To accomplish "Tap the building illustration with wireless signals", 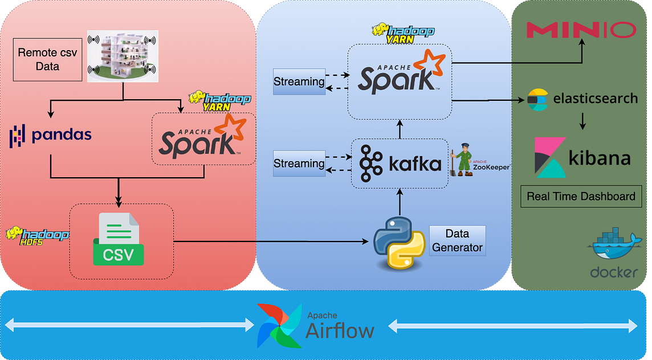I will coord(123,56).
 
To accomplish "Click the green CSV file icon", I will coord(119,239).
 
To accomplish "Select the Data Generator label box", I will coord(457,240).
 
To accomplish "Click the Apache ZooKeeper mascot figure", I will coord(462,162).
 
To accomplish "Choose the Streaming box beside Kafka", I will coord(299,163).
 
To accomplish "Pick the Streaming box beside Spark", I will coord(299,81).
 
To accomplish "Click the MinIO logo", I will coord(581,30).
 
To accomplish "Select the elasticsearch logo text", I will coord(596,99).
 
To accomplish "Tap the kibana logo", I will coord(582,157).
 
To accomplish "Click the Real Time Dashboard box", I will coord(581,197).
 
